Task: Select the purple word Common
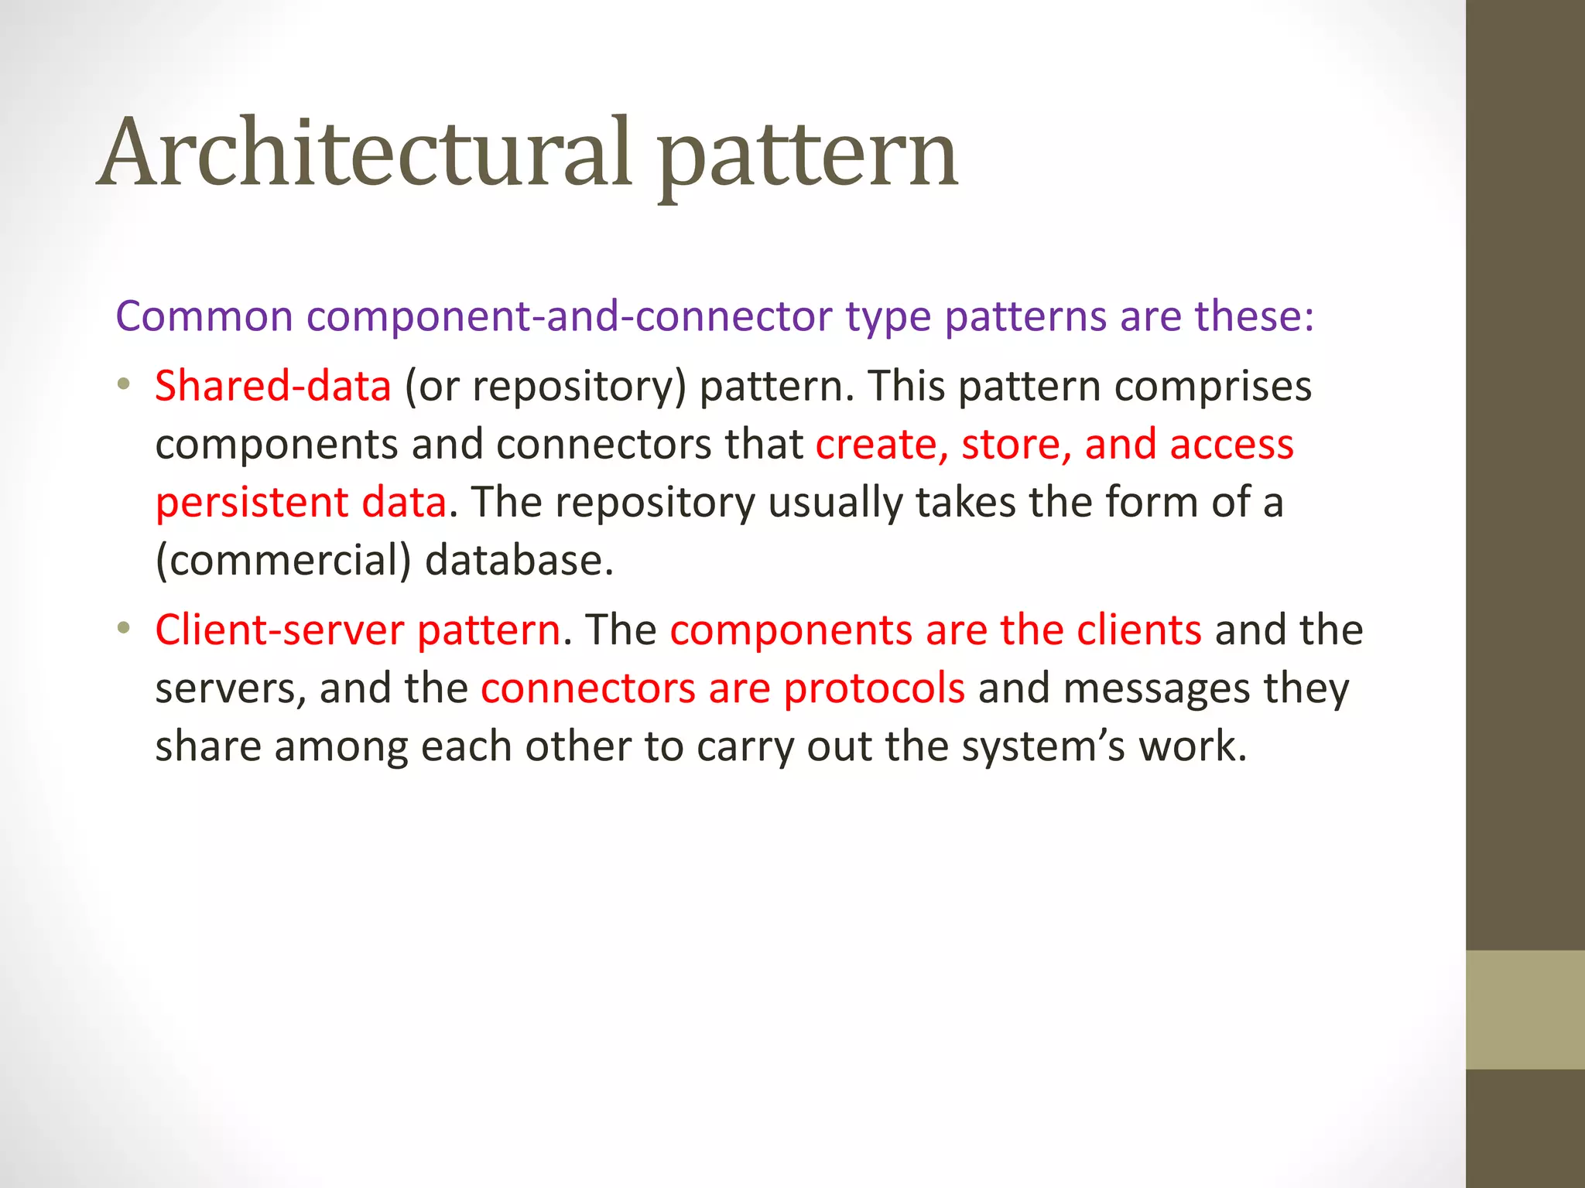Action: [204, 316]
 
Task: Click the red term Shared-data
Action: [272, 386]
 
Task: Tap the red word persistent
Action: [252, 503]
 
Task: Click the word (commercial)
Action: [283, 561]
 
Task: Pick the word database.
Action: [519, 561]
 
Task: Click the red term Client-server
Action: [279, 630]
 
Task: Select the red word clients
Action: [1138, 630]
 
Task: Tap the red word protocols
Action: [874, 688]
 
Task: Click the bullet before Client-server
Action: [123, 628]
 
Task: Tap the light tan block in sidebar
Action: [1525, 1009]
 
